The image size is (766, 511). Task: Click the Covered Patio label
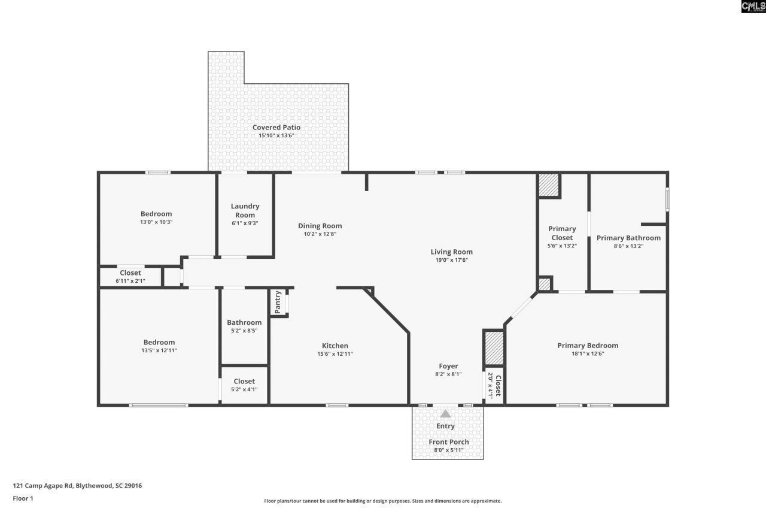[276, 128]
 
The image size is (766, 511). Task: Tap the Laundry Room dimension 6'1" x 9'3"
[245, 223]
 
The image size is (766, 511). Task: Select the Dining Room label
[320, 226]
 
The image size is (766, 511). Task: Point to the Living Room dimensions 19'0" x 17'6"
[451, 260]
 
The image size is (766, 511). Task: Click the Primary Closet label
[562, 233]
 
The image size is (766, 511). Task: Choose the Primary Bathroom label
[628, 238]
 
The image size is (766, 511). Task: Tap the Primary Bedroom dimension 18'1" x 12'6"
[588, 353]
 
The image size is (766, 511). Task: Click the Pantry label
[278, 302]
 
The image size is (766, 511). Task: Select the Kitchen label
[335, 346]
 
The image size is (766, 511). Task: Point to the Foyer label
[448, 366]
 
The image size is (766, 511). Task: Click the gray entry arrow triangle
[445, 414]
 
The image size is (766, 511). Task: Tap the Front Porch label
[449, 442]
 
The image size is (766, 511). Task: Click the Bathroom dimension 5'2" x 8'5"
[244, 331]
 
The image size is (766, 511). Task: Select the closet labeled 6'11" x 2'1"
[130, 277]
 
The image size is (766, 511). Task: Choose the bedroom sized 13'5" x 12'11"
[159, 346]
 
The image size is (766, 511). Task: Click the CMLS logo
[753, 7]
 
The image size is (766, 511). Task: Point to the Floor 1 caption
[23, 498]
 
